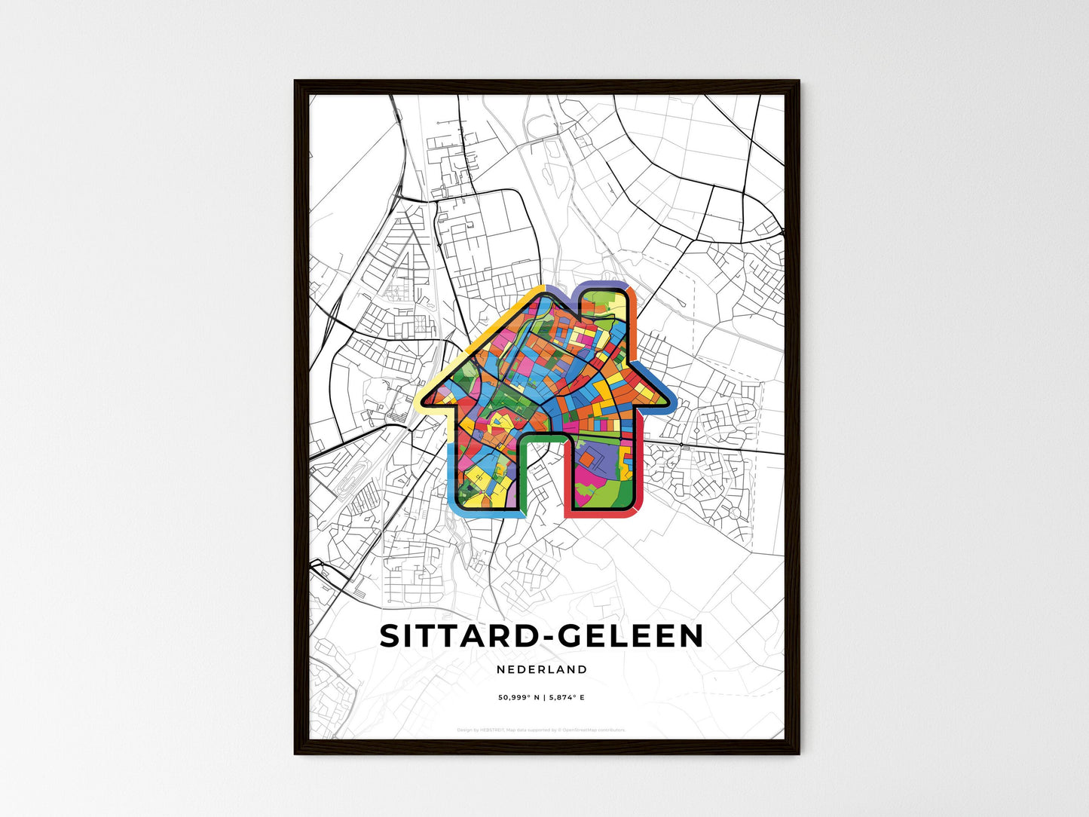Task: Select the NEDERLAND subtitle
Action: [x=542, y=669]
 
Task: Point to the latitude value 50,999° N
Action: [x=521, y=698]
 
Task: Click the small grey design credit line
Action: [x=541, y=730]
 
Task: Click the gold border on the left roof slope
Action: [x=482, y=332]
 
